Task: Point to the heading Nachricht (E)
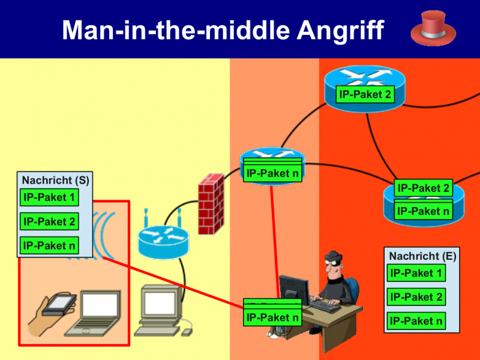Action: (422, 256)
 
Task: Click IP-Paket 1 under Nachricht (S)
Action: (49, 197)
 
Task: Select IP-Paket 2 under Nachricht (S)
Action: (49, 221)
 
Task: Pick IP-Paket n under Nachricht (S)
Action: (49, 245)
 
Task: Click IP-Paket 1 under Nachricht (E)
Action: (416, 274)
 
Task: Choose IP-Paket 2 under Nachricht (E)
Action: (416, 297)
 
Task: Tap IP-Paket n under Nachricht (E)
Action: (416, 321)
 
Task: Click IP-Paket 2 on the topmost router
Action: (365, 94)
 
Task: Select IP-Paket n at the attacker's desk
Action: (272, 317)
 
